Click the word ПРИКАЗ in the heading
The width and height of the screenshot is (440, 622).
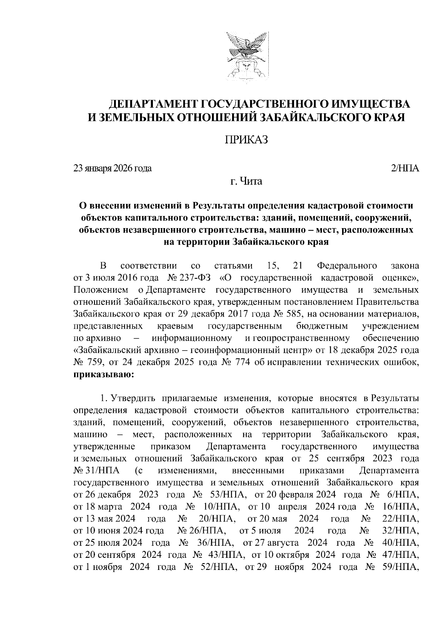point(246,140)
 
